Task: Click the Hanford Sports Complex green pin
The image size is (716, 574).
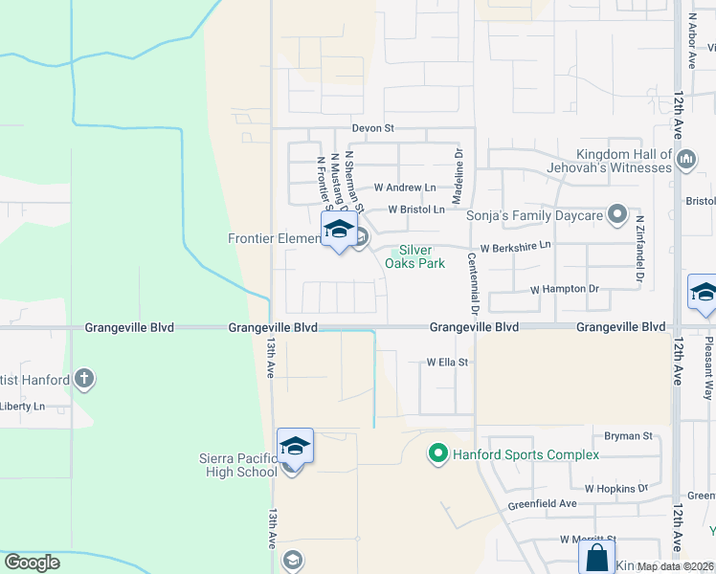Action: pos(438,453)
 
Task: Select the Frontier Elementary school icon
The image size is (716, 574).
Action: pos(338,231)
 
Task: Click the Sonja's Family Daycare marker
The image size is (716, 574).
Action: pos(618,214)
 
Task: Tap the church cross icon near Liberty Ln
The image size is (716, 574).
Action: pos(85,379)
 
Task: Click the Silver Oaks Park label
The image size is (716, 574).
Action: pos(414,256)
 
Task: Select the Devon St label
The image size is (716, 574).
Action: pos(373,127)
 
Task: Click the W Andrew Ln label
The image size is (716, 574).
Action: pos(404,188)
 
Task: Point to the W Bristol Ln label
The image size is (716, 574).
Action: pos(416,210)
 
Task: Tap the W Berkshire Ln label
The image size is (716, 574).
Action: pos(515,247)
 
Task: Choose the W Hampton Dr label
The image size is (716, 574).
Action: pos(564,288)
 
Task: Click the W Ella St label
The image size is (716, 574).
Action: pos(447,363)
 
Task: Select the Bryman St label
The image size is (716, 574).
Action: pos(629,435)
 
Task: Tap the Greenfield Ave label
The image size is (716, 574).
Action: pos(543,503)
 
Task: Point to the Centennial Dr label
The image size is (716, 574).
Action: pos(473,284)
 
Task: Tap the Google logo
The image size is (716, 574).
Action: pos(33,563)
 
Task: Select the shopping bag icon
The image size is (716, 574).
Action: pos(596,557)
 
